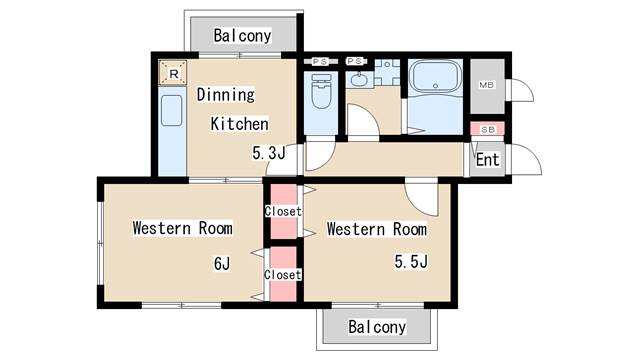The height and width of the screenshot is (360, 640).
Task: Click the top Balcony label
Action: coord(242,35)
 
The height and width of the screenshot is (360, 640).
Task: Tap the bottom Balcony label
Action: coord(377,327)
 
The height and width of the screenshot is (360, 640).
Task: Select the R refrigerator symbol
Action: coord(173,73)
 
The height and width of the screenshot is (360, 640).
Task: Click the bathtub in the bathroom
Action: coord(434,85)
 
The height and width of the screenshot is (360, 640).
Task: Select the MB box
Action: coord(487,85)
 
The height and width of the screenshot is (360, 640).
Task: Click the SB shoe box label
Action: coord(487,130)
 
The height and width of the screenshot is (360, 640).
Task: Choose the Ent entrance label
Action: coord(487,160)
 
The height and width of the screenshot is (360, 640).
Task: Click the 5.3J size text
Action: coord(268,154)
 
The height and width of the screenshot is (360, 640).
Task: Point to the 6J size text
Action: coord(221,264)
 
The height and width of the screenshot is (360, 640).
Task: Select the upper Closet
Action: coord(283,211)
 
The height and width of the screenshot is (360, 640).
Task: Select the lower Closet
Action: coord(283,274)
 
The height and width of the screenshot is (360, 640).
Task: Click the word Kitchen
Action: coord(239,124)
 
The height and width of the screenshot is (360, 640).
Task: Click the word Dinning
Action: coord(225,95)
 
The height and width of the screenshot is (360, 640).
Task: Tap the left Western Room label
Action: coord(183,228)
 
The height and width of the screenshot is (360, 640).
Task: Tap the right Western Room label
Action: coord(377,229)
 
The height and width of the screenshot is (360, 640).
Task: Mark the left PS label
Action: coord(320,62)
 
